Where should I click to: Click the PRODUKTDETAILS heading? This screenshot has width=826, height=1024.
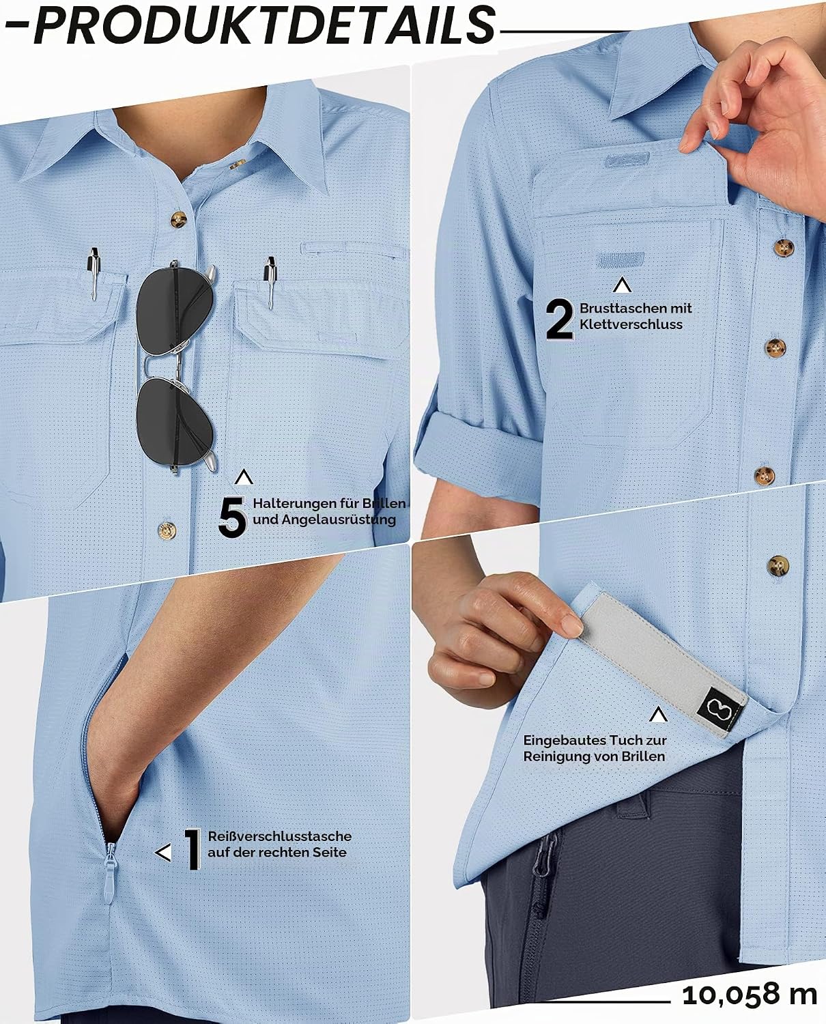[264, 25]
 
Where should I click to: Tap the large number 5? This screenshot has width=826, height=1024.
[232, 517]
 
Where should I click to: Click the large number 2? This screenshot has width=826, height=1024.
[560, 319]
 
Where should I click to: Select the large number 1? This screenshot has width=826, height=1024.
[193, 849]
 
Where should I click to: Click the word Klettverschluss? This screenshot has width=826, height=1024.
[631, 324]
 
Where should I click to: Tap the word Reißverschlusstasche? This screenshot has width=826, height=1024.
[280, 836]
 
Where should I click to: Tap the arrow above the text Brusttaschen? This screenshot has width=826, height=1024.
[622, 285]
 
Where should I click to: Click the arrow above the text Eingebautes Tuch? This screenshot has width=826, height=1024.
[658, 715]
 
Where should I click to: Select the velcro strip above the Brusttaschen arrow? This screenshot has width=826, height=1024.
[621, 260]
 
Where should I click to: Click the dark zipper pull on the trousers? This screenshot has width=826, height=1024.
[543, 855]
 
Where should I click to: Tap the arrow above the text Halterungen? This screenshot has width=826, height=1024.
[244, 477]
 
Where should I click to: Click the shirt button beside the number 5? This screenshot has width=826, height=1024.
[167, 530]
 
